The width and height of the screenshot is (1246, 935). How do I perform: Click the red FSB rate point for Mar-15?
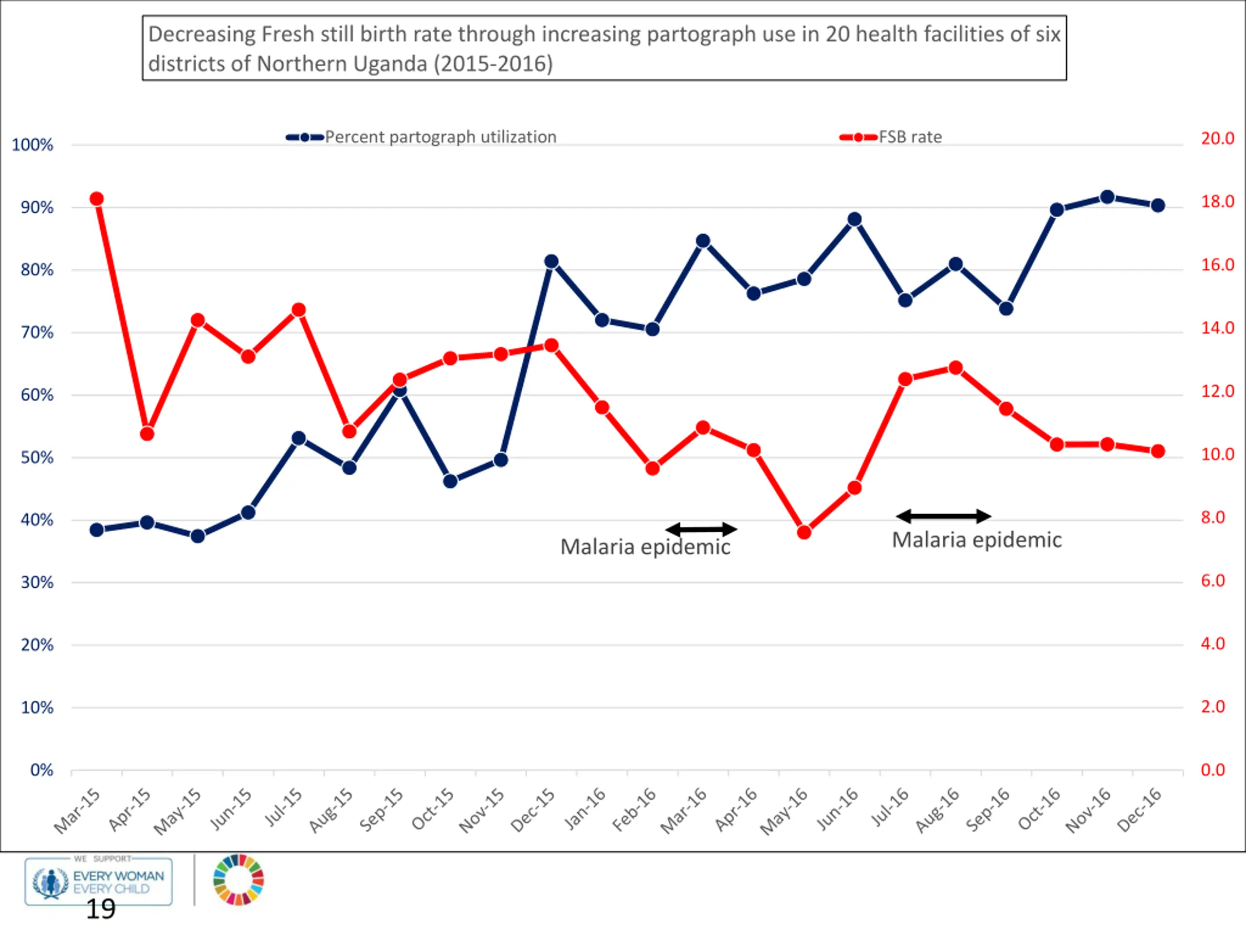[96, 199]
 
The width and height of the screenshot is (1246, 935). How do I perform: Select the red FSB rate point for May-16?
[804, 533]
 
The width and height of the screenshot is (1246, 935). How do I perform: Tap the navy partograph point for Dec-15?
[551, 262]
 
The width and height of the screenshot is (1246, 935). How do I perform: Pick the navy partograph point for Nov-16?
[1107, 197]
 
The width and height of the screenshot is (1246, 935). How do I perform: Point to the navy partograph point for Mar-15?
[96, 530]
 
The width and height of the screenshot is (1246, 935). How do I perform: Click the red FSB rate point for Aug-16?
[955, 368]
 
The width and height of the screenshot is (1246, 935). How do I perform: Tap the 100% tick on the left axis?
[33, 145]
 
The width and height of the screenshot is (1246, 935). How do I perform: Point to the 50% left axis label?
[37, 457]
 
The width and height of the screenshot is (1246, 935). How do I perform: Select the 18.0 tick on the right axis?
[1217, 201]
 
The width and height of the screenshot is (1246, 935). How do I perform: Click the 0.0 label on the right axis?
[1213, 770]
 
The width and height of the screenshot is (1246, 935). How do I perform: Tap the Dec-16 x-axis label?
[1139, 810]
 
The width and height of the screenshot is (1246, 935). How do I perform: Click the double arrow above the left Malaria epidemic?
[701, 529]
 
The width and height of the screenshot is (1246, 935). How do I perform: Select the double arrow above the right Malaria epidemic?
[944, 516]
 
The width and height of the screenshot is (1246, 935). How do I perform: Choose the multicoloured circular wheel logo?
[238, 880]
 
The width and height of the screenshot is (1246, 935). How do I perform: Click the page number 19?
[101, 909]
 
